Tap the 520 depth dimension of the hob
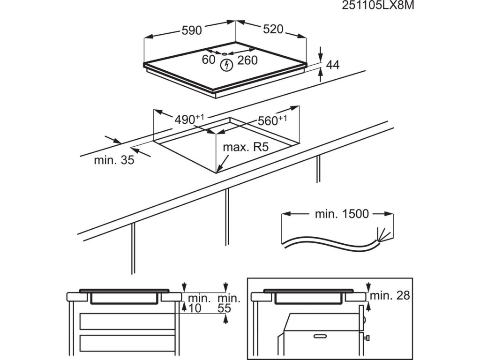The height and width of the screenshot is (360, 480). [273, 29]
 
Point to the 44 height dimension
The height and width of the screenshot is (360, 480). [332, 65]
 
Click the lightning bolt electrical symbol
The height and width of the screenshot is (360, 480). [226, 65]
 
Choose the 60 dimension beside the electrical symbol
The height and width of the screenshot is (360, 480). [209, 60]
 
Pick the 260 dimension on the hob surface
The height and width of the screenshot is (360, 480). [247, 60]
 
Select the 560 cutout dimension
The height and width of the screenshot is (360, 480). [269, 121]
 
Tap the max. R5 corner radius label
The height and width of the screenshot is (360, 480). [245, 148]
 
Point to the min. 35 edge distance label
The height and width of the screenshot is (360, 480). [114, 160]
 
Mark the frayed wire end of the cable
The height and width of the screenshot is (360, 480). [381, 233]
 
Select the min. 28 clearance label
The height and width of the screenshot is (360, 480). [390, 295]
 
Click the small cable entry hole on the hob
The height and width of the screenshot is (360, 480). [225, 53]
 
